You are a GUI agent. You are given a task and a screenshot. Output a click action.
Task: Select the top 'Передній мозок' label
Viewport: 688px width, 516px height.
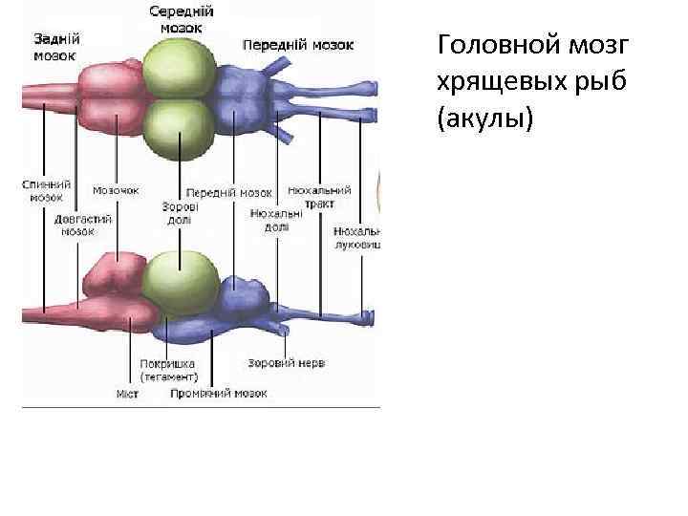coord(298,45)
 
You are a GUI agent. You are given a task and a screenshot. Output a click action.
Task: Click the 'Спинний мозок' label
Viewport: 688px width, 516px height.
coord(45,190)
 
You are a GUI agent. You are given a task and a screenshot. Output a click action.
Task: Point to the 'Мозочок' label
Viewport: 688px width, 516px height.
coord(116,190)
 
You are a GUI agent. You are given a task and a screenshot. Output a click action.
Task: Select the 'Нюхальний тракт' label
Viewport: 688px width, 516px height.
coord(319,196)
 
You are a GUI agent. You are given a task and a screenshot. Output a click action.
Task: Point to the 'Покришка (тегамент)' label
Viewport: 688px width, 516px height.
coord(167,370)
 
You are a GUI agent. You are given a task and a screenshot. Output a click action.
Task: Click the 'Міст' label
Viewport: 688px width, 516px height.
coord(128,394)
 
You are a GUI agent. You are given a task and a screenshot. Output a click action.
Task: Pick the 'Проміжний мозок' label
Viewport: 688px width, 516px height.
coord(219,393)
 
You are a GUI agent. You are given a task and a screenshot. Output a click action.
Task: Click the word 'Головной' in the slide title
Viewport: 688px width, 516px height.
coord(490,46)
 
